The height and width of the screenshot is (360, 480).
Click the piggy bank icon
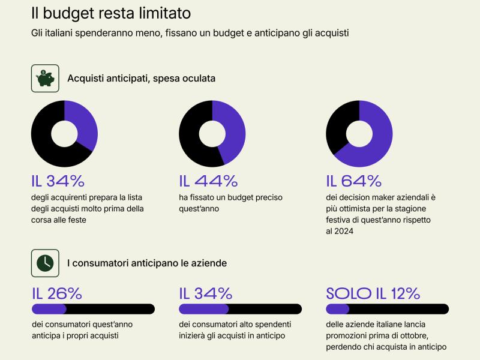coord(45,78)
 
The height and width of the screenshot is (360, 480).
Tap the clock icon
coord(45,263)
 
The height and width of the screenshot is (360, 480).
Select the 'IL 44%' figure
coord(208,181)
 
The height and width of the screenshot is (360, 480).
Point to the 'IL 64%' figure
coord(354,181)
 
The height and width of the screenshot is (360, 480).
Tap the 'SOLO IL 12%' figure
coord(373,293)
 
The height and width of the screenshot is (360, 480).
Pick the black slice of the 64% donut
coord(339,123)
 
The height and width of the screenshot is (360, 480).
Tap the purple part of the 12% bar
coord(337,309)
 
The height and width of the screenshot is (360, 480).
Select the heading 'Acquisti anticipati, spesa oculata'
coord(141,78)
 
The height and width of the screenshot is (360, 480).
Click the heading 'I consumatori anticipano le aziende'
coord(147,263)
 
